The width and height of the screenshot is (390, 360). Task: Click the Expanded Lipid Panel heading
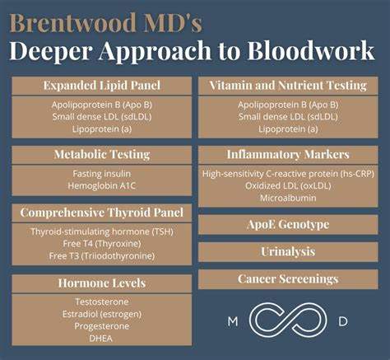click(x=102, y=86)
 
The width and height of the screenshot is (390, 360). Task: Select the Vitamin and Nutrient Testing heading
click(x=288, y=86)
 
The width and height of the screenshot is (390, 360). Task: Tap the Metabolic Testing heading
click(x=102, y=154)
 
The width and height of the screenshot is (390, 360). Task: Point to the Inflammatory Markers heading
click(x=288, y=154)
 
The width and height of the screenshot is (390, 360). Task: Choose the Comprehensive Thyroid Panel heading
click(x=102, y=213)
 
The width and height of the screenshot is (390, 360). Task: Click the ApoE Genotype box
click(x=288, y=225)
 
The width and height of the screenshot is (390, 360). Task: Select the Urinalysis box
click(x=288, y=252)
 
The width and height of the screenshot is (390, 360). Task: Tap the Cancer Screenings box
click(x=288, y=279)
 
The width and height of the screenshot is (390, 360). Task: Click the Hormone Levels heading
click(x=102, y=283)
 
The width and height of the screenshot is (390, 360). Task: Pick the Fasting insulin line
click(x=102, y=174)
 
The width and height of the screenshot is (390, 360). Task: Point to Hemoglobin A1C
click(x=102, y=186)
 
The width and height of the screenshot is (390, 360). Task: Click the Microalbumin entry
click(x=288, y=198)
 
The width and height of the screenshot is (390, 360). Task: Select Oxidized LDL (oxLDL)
click(x=288, y=186)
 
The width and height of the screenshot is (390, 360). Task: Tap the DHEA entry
click(x=101, y=339)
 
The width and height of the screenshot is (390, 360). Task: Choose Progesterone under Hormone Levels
click(x=102, y=326)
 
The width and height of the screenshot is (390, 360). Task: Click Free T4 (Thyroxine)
click(x=102, y=244)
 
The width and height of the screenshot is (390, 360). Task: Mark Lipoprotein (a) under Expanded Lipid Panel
click(x=102, y=129)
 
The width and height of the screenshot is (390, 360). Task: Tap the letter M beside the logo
click(x=233, y=321)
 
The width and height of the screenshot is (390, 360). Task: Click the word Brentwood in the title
click(x=72, y=23)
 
